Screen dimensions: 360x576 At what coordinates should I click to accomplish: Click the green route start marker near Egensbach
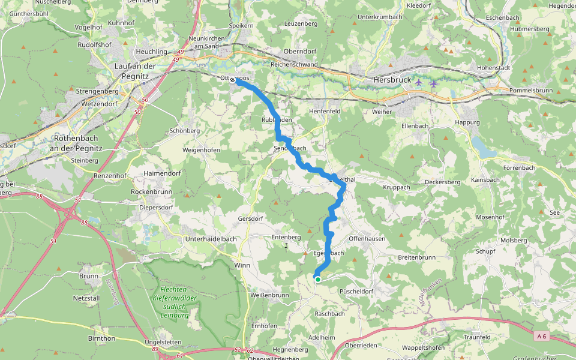tap(317, 279)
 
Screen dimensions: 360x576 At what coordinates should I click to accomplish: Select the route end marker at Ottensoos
tap(232, 79)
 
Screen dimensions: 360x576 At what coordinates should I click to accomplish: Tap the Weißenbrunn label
tap(269, 295)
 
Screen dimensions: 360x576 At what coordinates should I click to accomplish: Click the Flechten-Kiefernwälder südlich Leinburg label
tap(171, 302)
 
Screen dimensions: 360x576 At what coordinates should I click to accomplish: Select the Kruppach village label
tap(397, 187)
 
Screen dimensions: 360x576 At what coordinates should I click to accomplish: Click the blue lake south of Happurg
tap(484, 148)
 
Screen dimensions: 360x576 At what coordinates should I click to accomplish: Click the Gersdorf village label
tap(251, 218)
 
